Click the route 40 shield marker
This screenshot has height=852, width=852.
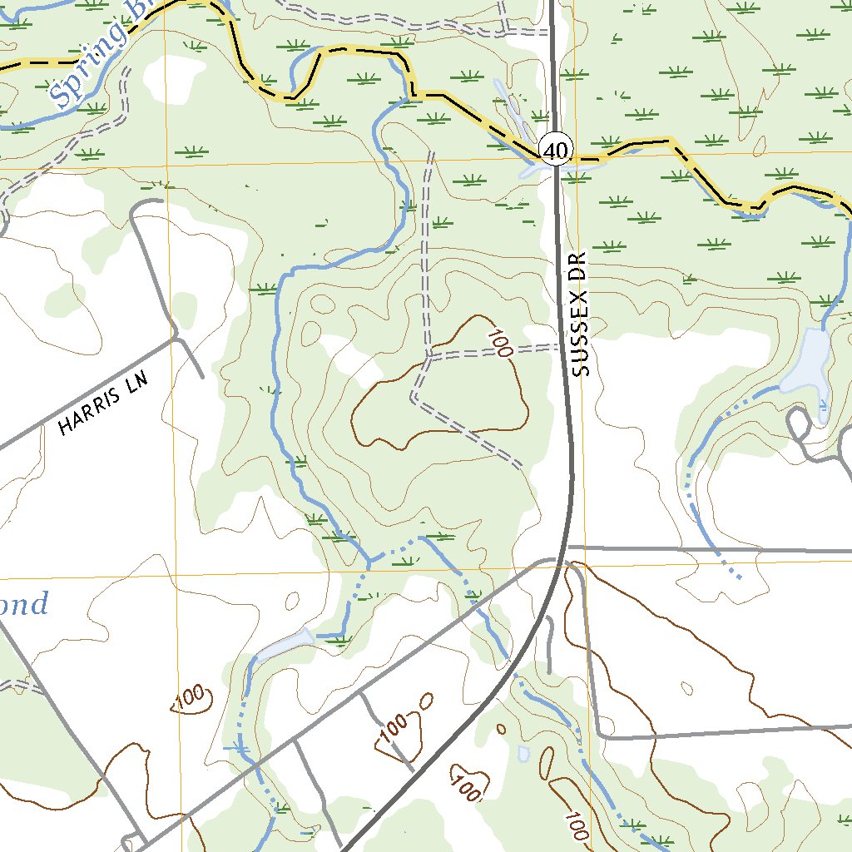[555, 150]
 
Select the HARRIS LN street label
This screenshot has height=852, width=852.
[103, 404]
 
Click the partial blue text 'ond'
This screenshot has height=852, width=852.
[25, 603]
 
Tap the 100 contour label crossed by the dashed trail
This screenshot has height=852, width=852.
[499, 344]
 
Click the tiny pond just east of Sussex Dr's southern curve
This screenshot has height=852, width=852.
[523, 753]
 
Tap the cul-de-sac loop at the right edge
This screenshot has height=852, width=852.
[798, 424]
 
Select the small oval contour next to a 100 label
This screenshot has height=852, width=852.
[427, 701]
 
